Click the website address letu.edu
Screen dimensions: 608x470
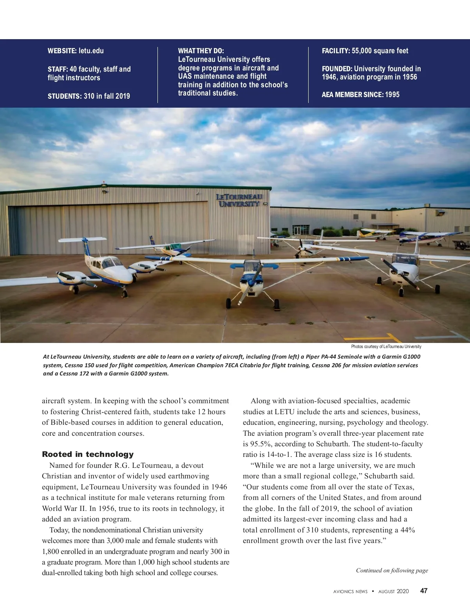click(x=91, y=51)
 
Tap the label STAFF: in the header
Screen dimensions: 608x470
click(x=58, y=69)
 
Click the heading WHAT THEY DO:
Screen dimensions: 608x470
click(x=201, y=51)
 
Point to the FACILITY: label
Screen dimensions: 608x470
click(x=336, y=51)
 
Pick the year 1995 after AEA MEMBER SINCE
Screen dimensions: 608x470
click(x=392, y=94)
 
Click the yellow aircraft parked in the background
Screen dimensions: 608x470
click(x=375, y=234)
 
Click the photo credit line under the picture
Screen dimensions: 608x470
click(x=386, y=346)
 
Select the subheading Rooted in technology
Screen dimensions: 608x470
click(x=88, y=454)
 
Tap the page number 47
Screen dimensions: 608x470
click(x=424, y=591)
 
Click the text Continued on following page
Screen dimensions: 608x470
click(x=392, y=570)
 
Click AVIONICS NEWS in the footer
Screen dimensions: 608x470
click(x=348, y=591)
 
